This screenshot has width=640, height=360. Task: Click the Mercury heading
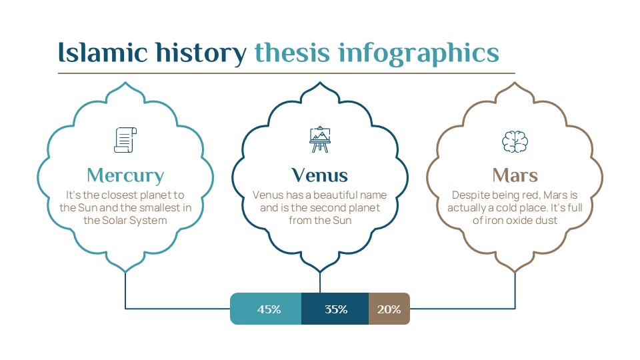point(125,175)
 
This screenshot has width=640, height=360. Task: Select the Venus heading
point(320,175)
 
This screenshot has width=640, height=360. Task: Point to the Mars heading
point(515,175)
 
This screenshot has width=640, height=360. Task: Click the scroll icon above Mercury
point(125,139)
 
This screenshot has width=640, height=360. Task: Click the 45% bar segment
point(267,309)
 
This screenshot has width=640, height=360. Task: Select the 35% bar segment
point(335,309)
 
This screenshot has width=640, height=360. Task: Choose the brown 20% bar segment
point(389,309)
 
